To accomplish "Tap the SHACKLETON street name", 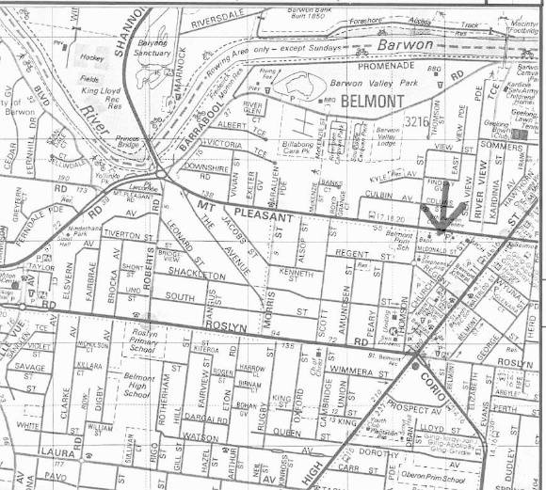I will [196, 274].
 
